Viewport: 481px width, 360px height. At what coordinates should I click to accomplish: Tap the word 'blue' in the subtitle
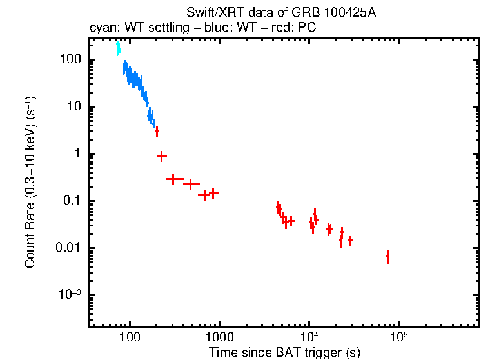pyautogui.click(x=208, y=28)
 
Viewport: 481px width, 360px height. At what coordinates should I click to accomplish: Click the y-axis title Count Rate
pyautogui.click(x=30, y=183)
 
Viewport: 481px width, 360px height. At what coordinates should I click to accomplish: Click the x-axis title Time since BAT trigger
pyautogui.click(x=284, y=352)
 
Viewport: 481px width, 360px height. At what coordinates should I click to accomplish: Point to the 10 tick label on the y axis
pyautogui.click(x=73, y=107)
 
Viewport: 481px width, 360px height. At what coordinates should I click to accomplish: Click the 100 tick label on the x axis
pyautogui.click(x=130, y=337)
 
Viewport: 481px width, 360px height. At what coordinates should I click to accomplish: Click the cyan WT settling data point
pyautogui.click(x=118, y=49)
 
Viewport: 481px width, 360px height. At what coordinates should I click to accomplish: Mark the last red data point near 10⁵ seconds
pyautogui.click(x=388, y=257)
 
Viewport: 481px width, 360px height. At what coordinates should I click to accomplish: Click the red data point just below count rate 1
pyautogui.click(x=162, y=155)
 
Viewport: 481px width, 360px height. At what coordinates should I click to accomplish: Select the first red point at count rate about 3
pyautogui.click(x=157, y=131)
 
